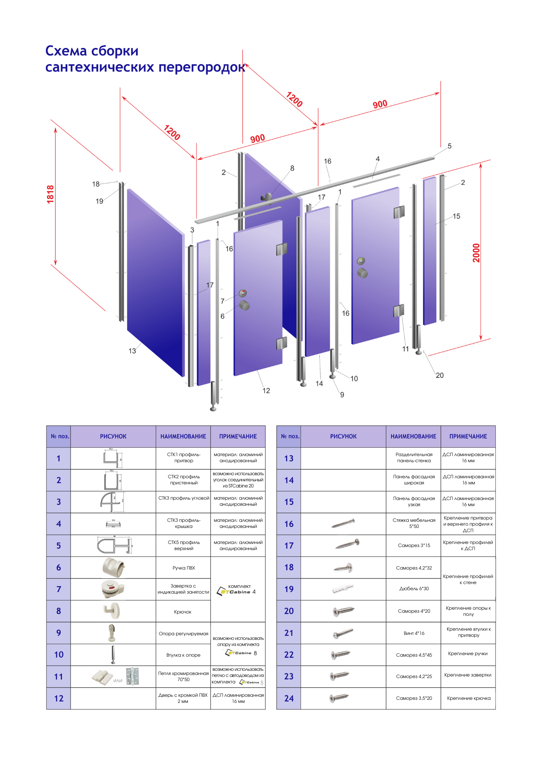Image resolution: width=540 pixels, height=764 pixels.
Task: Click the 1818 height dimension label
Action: click(x=50, y=194)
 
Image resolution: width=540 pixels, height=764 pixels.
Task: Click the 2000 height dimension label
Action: click(x=476, y=253)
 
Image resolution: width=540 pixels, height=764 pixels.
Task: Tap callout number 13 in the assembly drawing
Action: click(x=132, y=351)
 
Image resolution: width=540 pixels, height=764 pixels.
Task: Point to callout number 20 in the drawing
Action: click(x=440, y=376)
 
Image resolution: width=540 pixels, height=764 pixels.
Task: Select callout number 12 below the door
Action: click(x=266, y=391)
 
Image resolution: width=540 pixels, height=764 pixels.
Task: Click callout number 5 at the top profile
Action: click(x=449, y=146)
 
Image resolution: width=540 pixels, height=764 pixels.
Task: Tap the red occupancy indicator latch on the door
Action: click(x=243, y=293)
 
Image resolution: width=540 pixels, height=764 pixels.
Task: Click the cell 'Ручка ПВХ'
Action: click(x=183, y=568)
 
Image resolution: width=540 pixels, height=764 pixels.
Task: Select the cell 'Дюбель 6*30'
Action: click(x=414, y=589)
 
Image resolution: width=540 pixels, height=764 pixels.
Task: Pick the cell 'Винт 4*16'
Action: click(x=414, y=633)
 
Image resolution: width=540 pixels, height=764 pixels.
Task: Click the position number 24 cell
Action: click(x=289, y=699)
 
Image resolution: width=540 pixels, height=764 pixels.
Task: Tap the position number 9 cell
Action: click(x=58, y=633)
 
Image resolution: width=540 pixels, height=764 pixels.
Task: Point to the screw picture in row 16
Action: click(x=343, y=523)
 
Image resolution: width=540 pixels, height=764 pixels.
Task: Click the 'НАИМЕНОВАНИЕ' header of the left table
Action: click(x=183, y=436)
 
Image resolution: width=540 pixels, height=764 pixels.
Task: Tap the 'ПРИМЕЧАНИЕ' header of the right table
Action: click(x=468, y=436)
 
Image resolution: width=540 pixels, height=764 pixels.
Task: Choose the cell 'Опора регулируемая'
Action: click(x=183, y=634)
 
